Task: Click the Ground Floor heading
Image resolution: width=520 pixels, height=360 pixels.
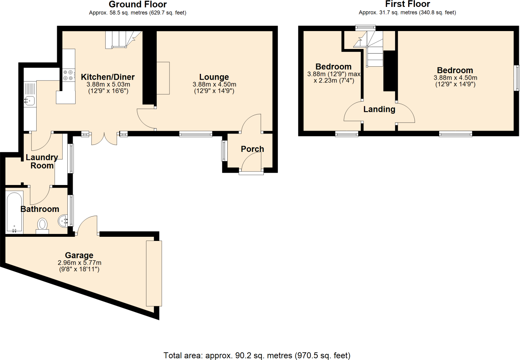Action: tap(137, 4)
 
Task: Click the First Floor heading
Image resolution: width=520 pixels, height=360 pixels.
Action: tap(407, 4)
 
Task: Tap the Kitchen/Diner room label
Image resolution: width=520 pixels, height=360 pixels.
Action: tap(108, 77)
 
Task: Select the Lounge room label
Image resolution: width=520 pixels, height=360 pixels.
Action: tap(214, 77)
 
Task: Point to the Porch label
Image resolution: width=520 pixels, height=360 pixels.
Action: tap(252, 149)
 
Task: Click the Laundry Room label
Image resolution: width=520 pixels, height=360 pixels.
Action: tap(42, 162)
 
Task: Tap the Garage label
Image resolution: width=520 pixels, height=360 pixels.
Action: tap(79, 255)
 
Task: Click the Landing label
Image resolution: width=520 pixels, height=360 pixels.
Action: tap(379, 109)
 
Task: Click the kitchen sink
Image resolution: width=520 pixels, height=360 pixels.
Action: tap(30, 100)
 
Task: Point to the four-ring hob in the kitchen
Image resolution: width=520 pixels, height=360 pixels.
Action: tap(68, 75)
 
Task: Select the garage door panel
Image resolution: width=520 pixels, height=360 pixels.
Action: tap(154, 273)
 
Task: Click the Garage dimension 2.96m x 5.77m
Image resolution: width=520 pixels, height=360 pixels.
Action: tap(79, 263)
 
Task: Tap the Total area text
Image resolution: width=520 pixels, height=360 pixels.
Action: tap(257, 356)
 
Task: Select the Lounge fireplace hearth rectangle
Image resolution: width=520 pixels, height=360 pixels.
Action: tap(163, 78)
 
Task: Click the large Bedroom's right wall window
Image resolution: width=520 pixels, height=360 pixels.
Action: tap(517, 78)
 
